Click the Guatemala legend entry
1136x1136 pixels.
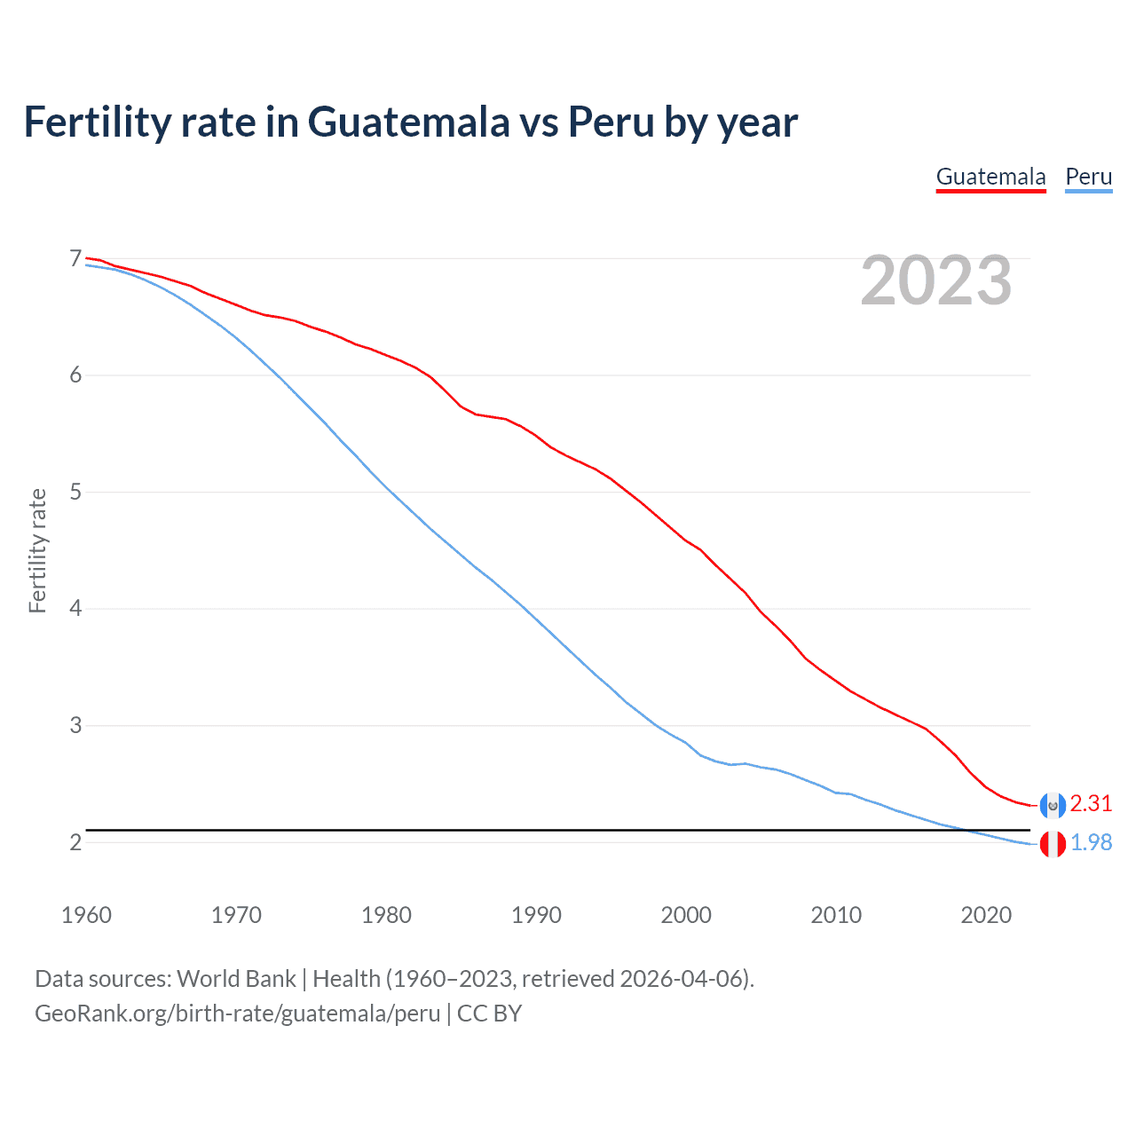tap(990, 177)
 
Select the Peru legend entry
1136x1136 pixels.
tap(1088, 177)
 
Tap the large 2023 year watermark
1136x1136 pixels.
tap(935, 280)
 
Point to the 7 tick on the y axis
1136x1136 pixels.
tap(75, 259)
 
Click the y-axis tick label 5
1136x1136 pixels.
tap(75, 492)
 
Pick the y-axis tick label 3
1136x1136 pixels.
tap(75, 725)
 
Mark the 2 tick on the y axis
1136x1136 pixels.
tap(75, 842)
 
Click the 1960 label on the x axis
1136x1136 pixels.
tap(86, 915)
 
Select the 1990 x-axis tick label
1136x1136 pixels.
tap(536, 915)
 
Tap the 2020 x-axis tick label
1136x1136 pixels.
tap(986, 915)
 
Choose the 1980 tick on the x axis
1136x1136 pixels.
tap(386, 915)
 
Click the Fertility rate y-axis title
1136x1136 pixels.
tap(37, 550)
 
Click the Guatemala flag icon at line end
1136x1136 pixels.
tap(1053, 805)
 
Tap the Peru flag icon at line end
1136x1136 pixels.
tap(1053, 844)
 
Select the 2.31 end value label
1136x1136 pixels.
tap(1091, 803)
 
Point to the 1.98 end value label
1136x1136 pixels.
tap(1091, 842)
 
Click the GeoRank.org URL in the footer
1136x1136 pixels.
tap(237, 1014)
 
